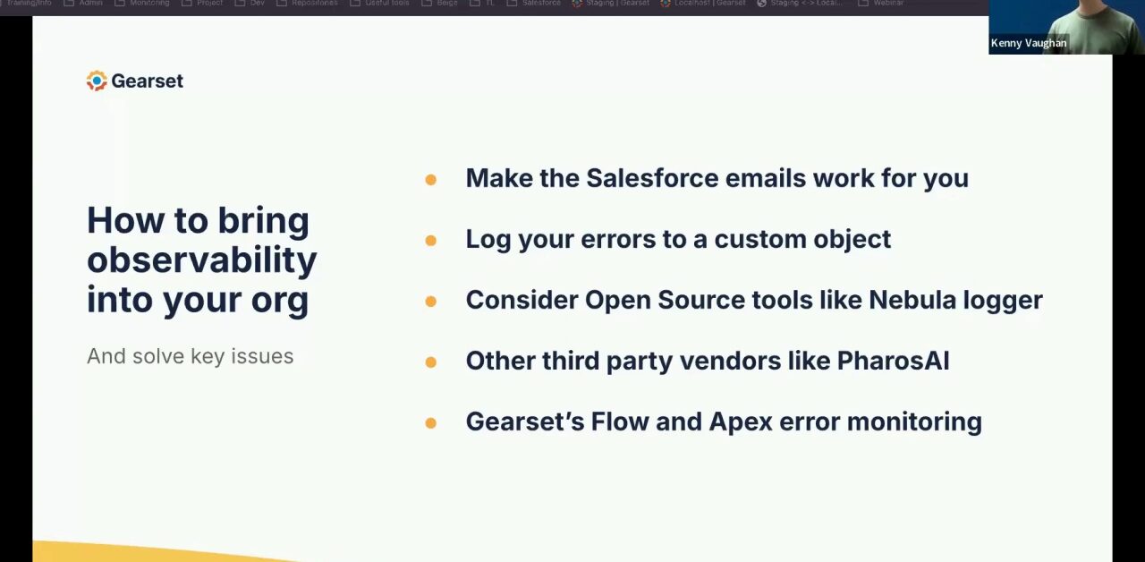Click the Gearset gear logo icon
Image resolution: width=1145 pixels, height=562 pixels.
tap(97, 81)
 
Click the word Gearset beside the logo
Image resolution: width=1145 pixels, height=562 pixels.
tap(148, 81)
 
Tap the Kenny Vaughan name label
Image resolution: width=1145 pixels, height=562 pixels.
tap(1028, 43)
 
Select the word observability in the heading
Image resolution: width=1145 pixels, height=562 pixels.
tap(202, 260)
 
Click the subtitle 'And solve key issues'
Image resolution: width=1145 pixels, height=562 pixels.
tap(190, 356)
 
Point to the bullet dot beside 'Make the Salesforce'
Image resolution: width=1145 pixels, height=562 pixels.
tap(430, 180)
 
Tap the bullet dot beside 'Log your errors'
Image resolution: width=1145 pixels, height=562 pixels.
tap(430, 241)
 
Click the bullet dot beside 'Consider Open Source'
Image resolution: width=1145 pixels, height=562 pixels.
tap(430, 302)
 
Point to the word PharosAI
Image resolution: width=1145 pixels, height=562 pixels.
tap(893, 361)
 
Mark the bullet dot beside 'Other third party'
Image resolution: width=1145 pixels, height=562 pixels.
tap(430, 362)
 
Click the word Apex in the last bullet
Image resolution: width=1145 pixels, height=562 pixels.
tap(741, 421)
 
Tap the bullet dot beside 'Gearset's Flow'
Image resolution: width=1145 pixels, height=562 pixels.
tap(430, 423)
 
